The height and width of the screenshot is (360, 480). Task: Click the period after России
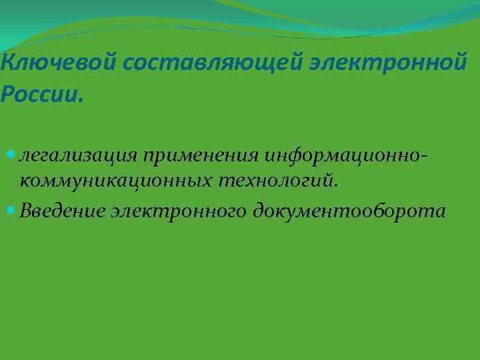pos(82,100)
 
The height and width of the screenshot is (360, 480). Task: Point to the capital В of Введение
pos(25,211)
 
